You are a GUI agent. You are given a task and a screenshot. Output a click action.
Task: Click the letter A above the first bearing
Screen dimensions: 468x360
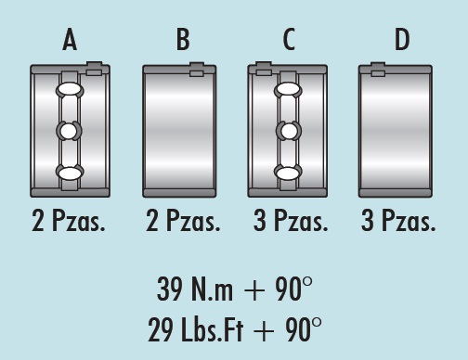click(x=70, y=40)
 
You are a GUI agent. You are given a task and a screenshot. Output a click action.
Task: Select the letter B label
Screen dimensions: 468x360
click(x=183, y=40)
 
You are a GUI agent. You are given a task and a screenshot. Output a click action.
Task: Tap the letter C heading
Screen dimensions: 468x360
click(x=289, y=40)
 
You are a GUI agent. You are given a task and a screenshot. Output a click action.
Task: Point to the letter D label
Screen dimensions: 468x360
click(x=402, y=40)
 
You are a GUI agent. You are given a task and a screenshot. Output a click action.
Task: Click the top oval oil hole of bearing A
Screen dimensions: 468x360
click(x=70, y=90)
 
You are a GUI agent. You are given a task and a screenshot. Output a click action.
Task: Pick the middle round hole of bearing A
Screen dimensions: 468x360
click(x=69, y=131)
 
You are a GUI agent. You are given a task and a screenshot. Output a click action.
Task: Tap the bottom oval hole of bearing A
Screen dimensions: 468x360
click(x=71, y=173)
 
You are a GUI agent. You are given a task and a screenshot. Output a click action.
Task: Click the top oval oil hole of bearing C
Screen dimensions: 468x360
click(x=288, y=89)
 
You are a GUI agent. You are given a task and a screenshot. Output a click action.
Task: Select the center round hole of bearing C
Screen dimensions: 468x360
click(x=289, y=131)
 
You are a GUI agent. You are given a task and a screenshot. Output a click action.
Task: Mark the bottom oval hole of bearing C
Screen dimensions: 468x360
click(x=288, y=173)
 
